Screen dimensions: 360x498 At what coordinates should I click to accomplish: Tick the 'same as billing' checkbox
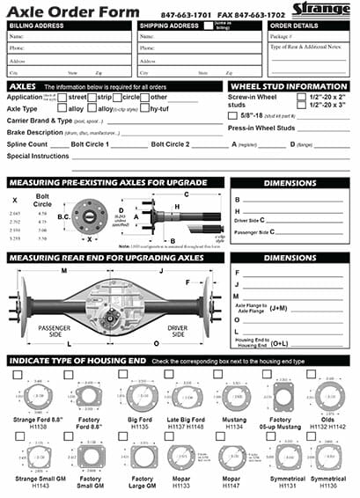pos(208,26)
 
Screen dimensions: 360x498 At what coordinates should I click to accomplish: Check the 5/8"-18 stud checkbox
pos(231,115)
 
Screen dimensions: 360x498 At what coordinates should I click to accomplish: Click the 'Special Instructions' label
pos(38,155)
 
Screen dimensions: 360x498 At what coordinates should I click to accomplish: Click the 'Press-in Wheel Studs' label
pos(261,128)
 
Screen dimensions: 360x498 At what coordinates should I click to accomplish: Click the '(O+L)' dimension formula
pos(277,345)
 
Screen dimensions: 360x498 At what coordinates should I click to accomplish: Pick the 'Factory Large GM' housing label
pos(143,480)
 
